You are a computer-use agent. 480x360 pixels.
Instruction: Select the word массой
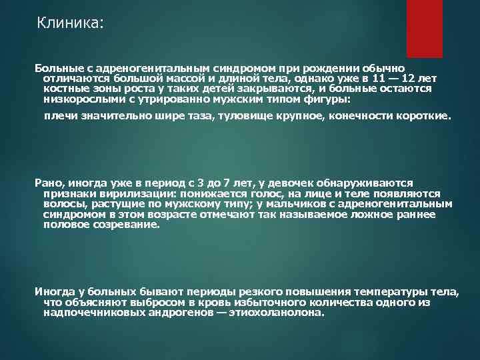click(176, 78)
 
